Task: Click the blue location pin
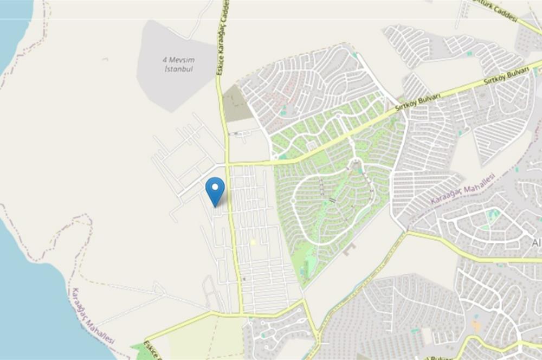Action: point(215,190)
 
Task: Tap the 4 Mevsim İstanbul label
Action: point(179,65)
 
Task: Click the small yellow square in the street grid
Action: point(253,242)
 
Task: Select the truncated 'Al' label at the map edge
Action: point(537,243)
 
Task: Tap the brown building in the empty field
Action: point(349,249)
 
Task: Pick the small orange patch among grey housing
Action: point(476,326)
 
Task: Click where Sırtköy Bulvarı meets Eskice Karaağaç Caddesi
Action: point(228,163)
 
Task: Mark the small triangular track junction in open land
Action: point(158,287)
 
